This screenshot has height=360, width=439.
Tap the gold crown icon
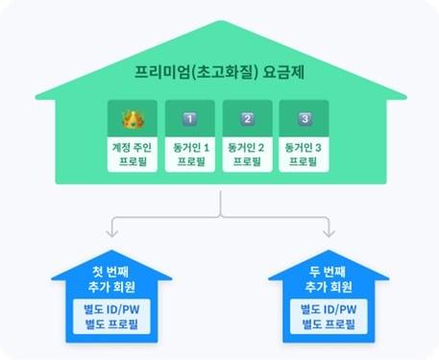coord(134,120)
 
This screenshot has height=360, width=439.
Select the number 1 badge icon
coord(188,120)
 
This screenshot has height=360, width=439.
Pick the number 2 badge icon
coord(247,120)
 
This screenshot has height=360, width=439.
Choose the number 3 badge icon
coord(304,120)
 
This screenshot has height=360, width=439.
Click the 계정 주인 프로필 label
coord(134,155)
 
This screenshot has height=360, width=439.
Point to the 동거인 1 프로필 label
coord(190,155)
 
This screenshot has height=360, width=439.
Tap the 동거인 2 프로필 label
coord(247,155)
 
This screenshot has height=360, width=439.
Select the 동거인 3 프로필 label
coord(304,155)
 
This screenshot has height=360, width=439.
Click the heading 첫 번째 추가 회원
coord(113,277)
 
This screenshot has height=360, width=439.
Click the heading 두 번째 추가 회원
coord(329,277)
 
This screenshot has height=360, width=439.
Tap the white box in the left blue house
coord(113,318)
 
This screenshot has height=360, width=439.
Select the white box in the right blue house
coord(329,318)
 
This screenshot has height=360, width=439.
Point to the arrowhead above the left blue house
coord(113,232)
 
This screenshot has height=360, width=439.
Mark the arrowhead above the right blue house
coord(329,232)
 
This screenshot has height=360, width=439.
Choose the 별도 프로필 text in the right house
coord(329,326)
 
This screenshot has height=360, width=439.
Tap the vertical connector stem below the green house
coord(220,203)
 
